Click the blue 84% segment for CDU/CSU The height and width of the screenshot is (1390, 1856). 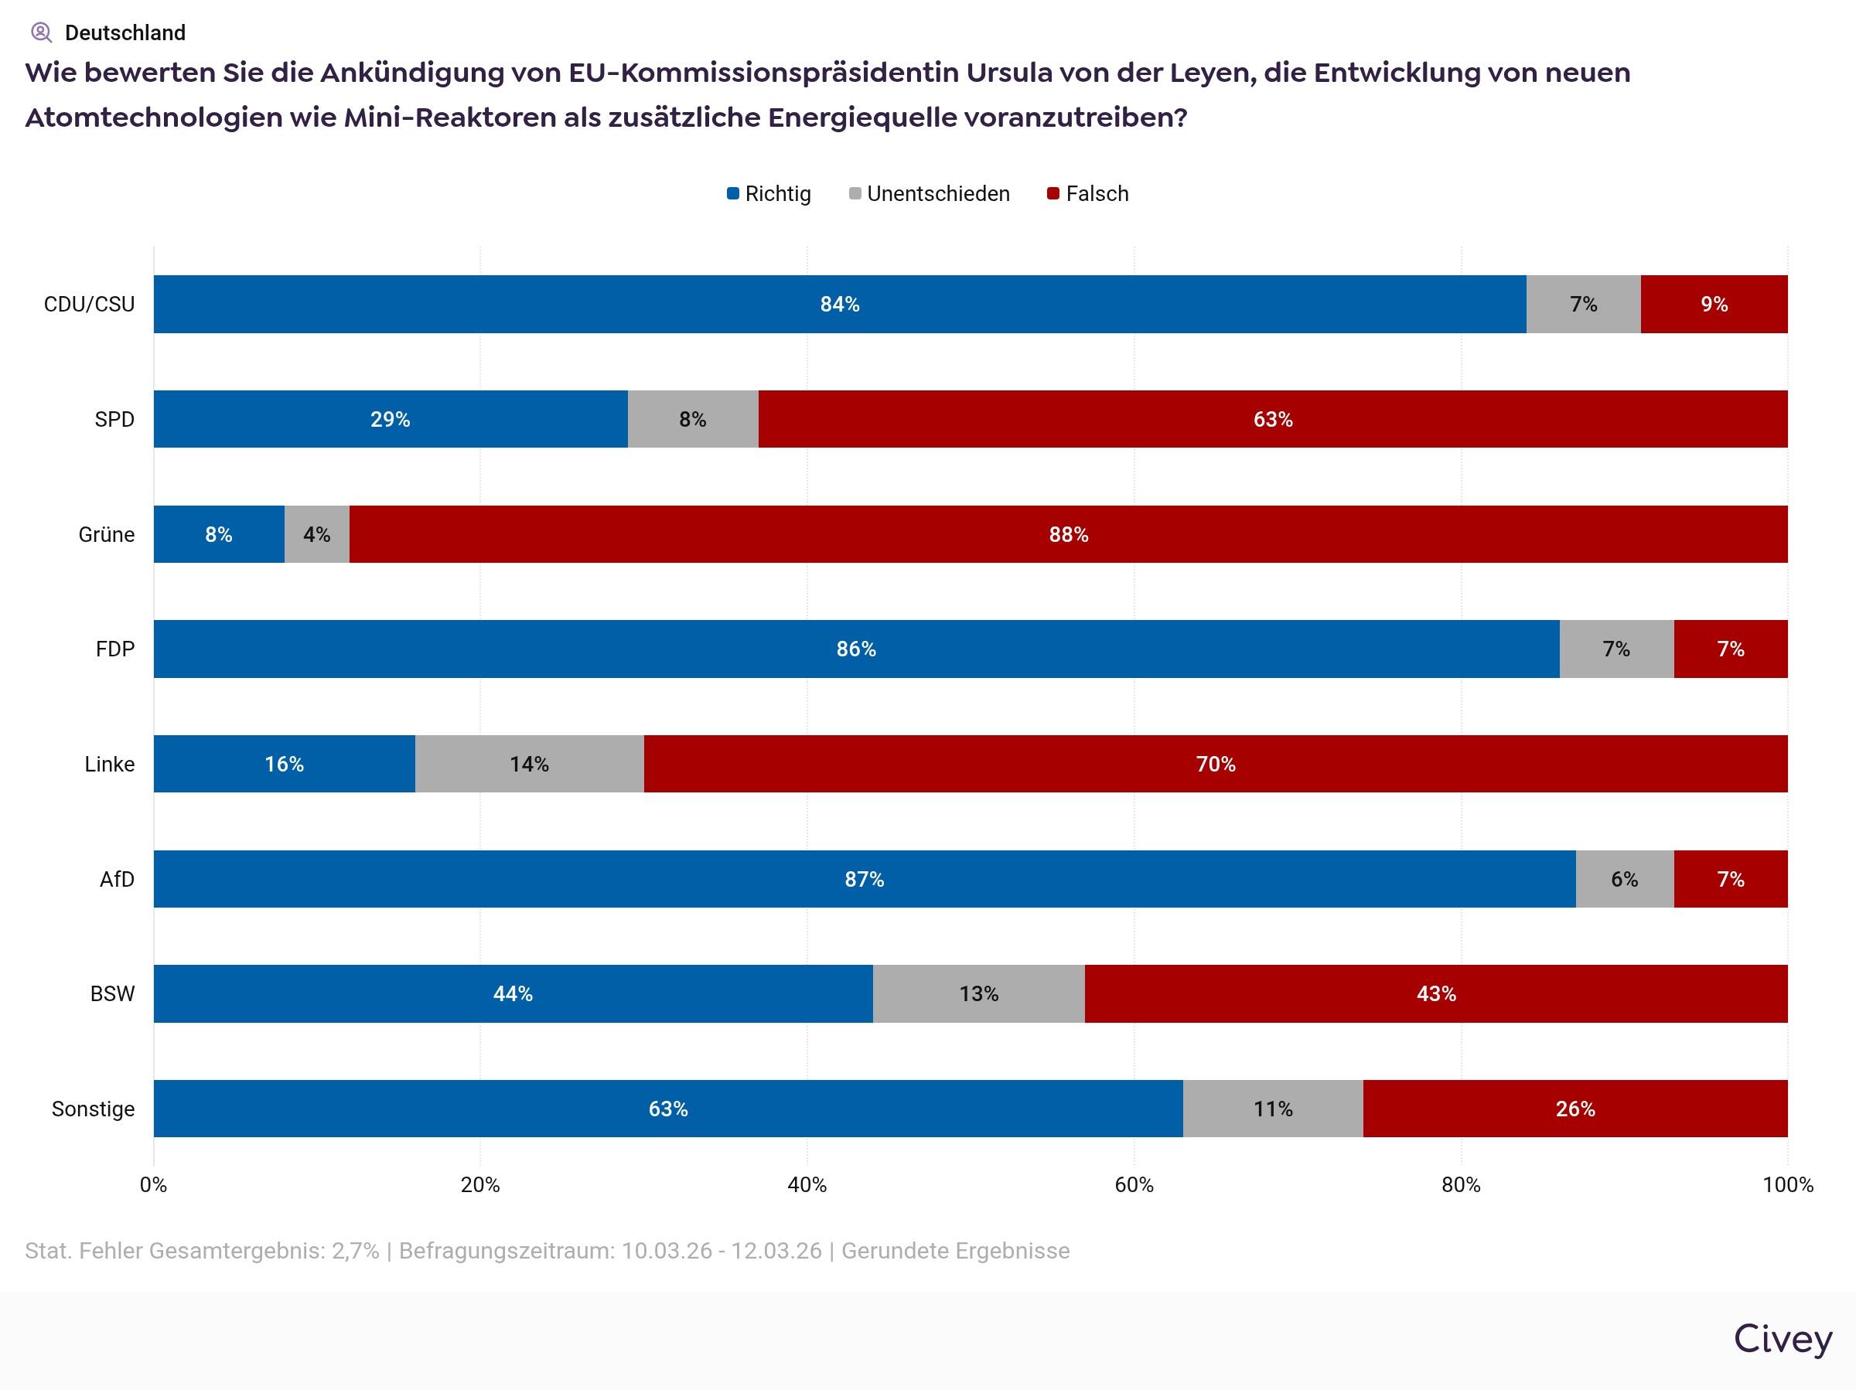coord(839,304)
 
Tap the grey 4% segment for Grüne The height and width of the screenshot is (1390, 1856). coord(316,534)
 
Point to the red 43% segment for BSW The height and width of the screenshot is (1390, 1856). coord(1435,993)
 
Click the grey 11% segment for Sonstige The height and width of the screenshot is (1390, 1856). coord(1272,1108)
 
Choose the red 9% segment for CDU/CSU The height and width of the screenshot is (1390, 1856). coord(1714,304)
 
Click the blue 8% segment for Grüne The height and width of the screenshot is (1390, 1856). coord(218,534)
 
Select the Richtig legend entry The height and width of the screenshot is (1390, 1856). coord(769,194)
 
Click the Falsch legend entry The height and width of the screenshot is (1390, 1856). coord(1088,194)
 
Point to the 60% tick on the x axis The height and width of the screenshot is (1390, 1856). coord(1134,1184)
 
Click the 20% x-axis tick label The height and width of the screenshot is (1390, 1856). coord(480,1184)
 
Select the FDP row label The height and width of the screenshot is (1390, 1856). coord(115,649)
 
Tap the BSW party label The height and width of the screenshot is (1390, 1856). coord(112,993)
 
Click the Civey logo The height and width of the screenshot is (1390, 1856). coord(1783,1339)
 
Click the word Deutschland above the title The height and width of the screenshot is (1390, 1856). coord(125,32)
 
